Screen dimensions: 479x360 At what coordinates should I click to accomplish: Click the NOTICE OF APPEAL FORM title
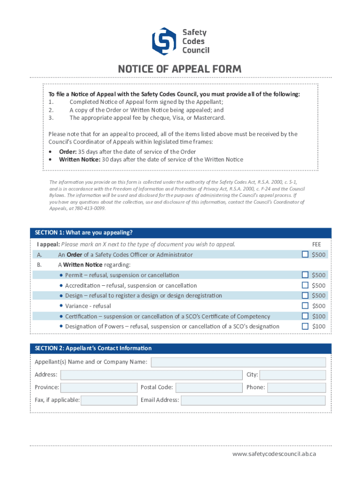[180, 69]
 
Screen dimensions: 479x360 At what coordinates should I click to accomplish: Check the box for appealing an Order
[305, 254]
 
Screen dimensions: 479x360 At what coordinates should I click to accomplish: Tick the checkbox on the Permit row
[305, 275]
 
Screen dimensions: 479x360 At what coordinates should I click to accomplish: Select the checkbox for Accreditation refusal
[305, 285]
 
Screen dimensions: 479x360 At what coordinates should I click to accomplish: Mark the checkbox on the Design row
[305, 295]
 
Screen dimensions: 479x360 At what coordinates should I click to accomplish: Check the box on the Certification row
[305, 316]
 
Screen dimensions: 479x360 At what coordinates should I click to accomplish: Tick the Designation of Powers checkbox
[305, 327]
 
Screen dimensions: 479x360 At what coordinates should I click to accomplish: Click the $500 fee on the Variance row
[319, 306]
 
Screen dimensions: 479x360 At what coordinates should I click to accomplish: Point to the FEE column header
[317, 244]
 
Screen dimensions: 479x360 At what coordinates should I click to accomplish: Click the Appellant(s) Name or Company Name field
[238, 362]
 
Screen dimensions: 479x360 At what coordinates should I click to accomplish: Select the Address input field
[151, 375]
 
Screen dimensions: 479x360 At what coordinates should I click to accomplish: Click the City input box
[293, 375]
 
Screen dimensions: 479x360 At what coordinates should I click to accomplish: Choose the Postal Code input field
[209, 387]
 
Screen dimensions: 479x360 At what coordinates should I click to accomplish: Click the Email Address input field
[253, 400]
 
